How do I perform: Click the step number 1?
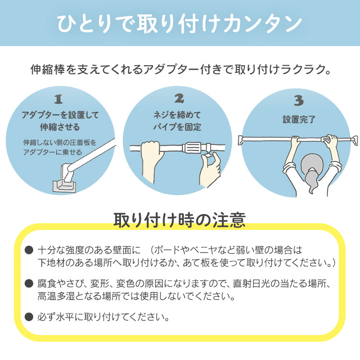tap(58, 99)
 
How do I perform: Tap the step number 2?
tap(179, 98)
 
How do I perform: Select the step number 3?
tap(299, 100)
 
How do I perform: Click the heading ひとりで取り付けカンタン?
tap(180, 23)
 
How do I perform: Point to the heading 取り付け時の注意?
tap(180, 220)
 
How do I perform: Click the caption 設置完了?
tap(299, 120)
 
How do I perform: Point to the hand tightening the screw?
tap(209, 169)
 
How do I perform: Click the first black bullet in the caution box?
tap(29, 250)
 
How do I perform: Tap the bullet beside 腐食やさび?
tap(29, 283)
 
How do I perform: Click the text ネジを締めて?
tap(177, 115)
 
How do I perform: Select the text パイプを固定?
tap(177, 127)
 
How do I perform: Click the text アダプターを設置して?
tap(60, 115)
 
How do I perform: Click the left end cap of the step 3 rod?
tap(241, 140)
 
